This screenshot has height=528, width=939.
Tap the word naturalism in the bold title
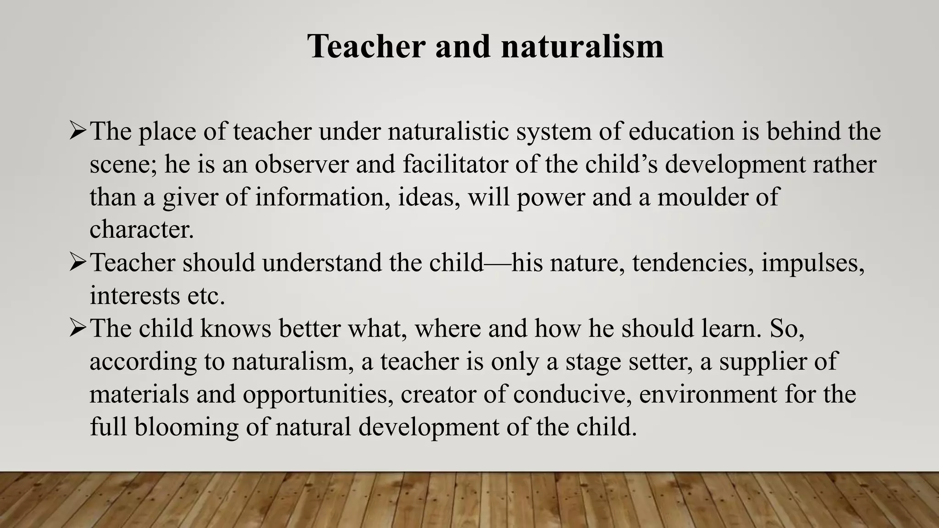[582, 47]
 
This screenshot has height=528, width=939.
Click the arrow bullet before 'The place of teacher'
[77, 131]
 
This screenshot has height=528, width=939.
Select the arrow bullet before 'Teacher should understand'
[77, 263]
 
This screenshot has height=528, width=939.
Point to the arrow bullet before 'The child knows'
[77, 329]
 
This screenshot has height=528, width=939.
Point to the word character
[142, 230]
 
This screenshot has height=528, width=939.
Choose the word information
[323, 197]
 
